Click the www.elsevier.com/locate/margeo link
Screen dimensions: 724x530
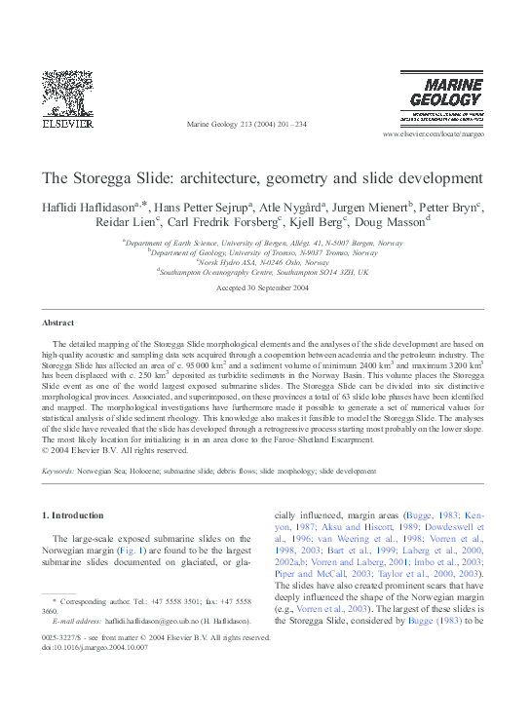point(433,133)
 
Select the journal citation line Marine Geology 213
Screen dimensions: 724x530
point(246,125)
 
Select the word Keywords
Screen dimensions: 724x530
point(59,470)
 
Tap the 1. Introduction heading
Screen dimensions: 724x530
point(77,514)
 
